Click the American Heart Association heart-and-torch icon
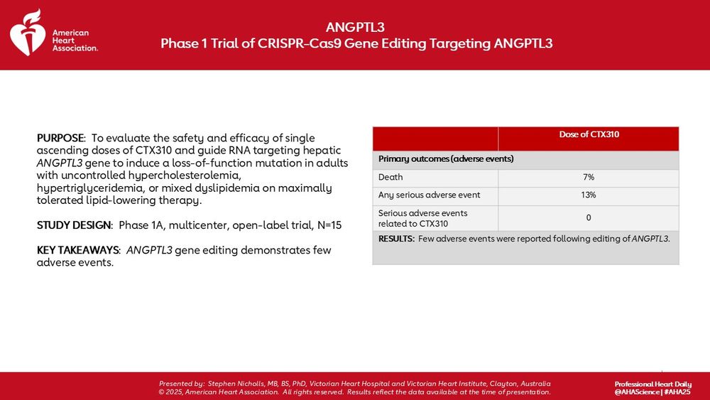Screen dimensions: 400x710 pyautogui.click(x=28, y=33)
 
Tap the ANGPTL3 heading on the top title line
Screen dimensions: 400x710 pyautogui.click(x=355, y=27)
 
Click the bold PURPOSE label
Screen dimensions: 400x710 pyautogui.click(x=60, y=138)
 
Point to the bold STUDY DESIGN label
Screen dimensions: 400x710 pyautogui.click(x=75, y=225)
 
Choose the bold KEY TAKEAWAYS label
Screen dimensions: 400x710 pyautogui.click(x=78, y=250)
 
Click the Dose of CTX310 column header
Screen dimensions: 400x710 pyautogui.click(x=589, y=135)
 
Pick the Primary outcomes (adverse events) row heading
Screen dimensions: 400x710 pyautogui.click(x=446, y=158)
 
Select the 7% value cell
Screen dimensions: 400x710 pyautogui.click(x=589, y=177)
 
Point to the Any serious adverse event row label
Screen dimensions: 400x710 pyautogui.click(x=429, y=195)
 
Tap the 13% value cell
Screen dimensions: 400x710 pyautogui.click(x=589, y=195)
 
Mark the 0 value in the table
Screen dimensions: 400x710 pyautogui.click(x=589, y=217)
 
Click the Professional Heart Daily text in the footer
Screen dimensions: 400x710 pyautogui.click(x=651, y=384)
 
